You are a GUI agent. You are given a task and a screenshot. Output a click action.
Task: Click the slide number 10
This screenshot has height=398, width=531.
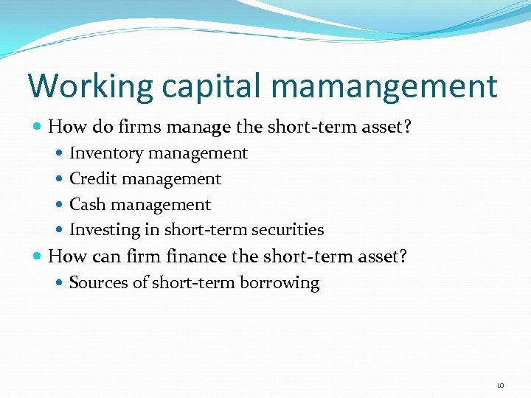pyautogui.click(x=501, y=385)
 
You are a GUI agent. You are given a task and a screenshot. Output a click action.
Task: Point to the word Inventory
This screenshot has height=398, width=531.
pyautogui.click(x=105, y=153)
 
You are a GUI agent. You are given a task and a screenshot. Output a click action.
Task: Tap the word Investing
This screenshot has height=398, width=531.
pyautogui.click(x=104, y=230)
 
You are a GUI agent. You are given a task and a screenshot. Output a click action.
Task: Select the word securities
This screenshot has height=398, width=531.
pyautogui.click(x=287, y=229)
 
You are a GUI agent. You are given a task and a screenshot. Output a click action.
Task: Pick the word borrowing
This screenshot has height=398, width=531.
pyautogui.click(x=285, y=284)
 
